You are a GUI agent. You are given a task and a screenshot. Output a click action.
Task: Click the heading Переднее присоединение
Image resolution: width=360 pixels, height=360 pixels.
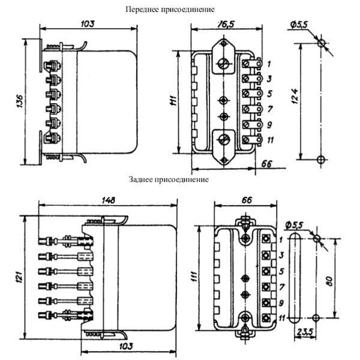pyautogui.click(x=170, y=10)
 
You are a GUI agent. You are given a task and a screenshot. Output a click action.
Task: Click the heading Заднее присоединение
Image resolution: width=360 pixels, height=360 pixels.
pyautogui.click(x=169, y=179)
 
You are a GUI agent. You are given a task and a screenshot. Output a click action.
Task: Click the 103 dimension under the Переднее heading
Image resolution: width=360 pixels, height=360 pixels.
pyautogui.click(x=88, y=24)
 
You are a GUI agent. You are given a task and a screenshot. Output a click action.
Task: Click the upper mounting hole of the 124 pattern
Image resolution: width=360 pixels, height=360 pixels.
pyautogui.click(x=321, y=43)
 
